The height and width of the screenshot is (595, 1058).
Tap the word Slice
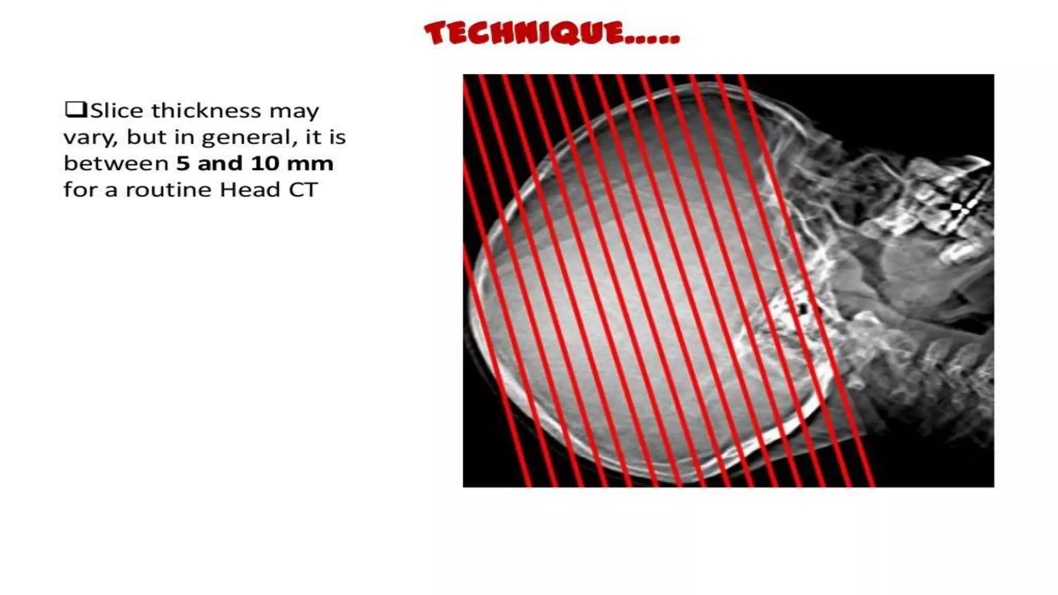click(x=117, y=111)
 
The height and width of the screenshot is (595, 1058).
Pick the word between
click(x=116, y=164)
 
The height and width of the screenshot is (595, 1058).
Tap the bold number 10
click(x=266, y=164)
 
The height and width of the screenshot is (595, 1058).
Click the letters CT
click(x=303, y=190)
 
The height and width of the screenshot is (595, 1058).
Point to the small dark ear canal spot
click(x=802, y=309)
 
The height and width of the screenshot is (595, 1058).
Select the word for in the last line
click(x=81, y=190)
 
